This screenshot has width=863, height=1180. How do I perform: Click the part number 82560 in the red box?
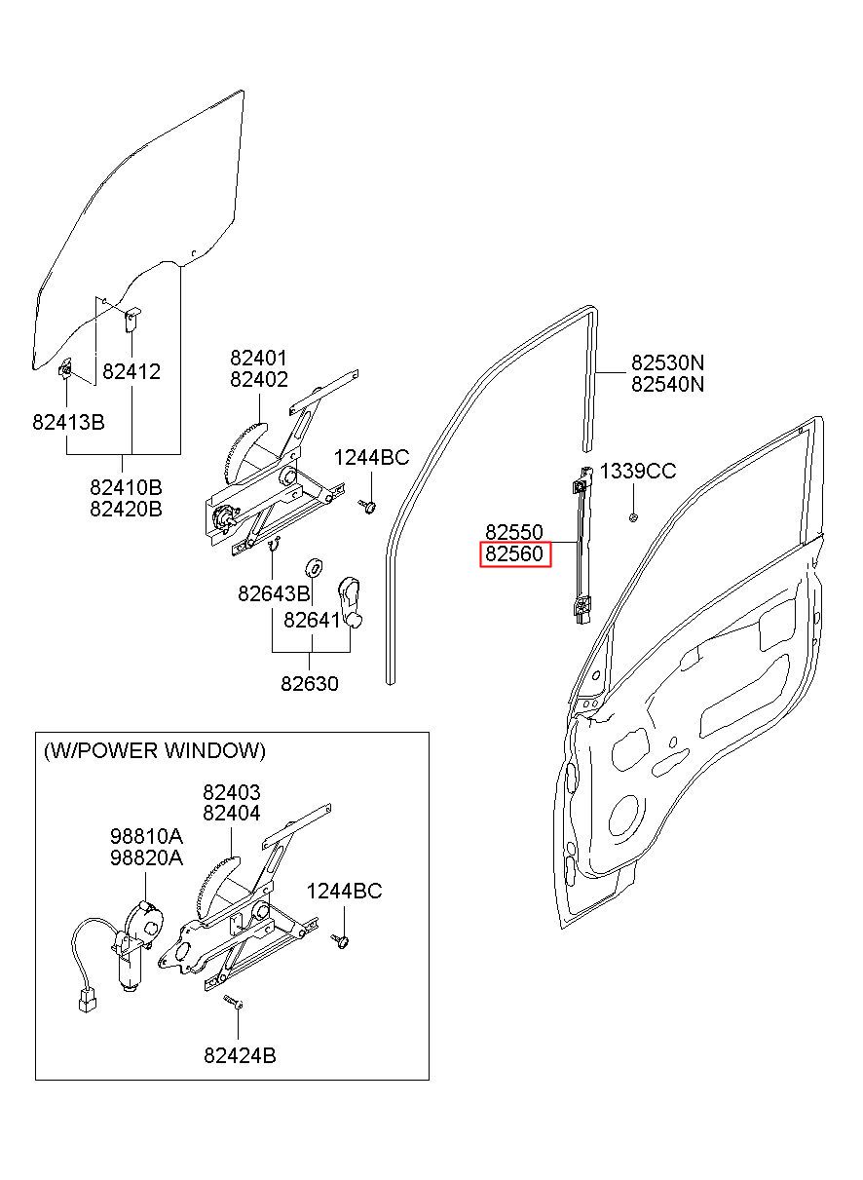click(514, 553)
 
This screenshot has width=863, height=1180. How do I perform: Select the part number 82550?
click(514, 532)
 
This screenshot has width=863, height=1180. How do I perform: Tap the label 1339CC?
click(638, 471)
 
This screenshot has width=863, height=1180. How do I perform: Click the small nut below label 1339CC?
click(633, 517)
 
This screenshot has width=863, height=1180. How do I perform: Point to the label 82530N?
click(667, 362)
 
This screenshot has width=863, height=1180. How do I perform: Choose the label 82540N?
click(667, 385)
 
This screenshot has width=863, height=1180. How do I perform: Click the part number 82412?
click(131, 372)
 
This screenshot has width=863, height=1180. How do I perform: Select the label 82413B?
click(68, 422)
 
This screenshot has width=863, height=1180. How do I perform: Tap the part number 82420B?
click(126, 509)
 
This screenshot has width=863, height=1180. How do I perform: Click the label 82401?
click(259, 359)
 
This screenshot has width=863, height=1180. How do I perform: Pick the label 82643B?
click(274, 593)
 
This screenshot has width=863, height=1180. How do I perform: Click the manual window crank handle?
click(351, 603)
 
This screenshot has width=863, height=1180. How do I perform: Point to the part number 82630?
click(310, 684)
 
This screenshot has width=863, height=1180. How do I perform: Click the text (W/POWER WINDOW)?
click(155, 750)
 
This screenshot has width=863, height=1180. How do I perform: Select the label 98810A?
click(146, 836)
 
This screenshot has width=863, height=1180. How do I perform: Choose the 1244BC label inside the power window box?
click(345, 891)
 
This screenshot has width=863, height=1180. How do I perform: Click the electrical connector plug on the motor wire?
click(87, 1001)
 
